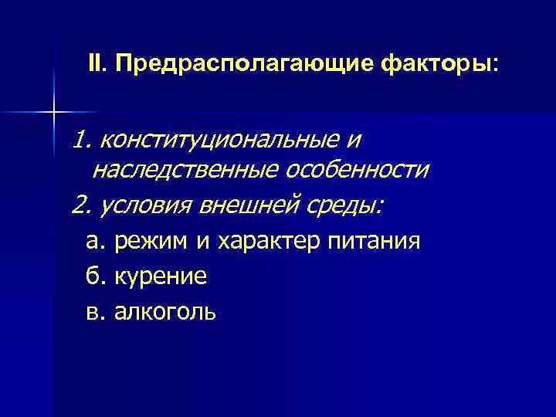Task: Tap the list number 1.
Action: pyautogui.click(x=80, y=140)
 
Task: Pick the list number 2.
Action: pyautogui.click(x=80, y=206)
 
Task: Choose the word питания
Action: pyautogui.click(x=375, y=242)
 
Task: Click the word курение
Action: pyautogui.click(x=161, y=276)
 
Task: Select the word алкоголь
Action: pyautogui.click(x=165, y=311)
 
